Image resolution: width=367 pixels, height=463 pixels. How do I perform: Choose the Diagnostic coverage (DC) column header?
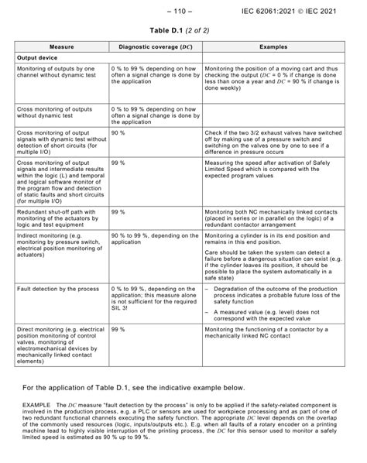click(x=155, y=46)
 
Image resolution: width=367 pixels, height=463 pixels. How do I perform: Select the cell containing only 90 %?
click(x=118, y=133)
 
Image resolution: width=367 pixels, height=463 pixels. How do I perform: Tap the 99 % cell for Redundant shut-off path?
click(x=118, y=211)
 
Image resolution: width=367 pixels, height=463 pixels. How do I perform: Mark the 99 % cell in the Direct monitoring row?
click(x=118, y=329)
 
